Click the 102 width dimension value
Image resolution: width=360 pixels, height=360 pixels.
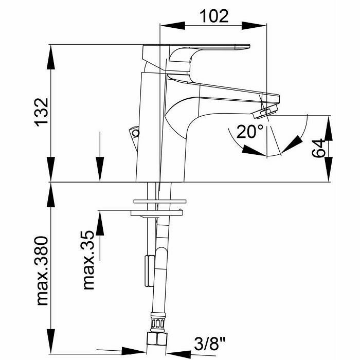(214, 16)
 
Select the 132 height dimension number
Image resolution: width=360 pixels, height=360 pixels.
(42, 113)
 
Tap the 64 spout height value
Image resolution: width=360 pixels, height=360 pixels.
(318, 148)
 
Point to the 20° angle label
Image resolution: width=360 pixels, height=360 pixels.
(250, 132)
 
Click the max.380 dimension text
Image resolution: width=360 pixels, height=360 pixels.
(42, 271)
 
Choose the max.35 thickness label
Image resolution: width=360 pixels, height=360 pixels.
(88, 260)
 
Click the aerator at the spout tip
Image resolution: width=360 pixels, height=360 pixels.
(265, 112)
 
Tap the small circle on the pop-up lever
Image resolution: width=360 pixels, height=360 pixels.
(136, 133)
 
